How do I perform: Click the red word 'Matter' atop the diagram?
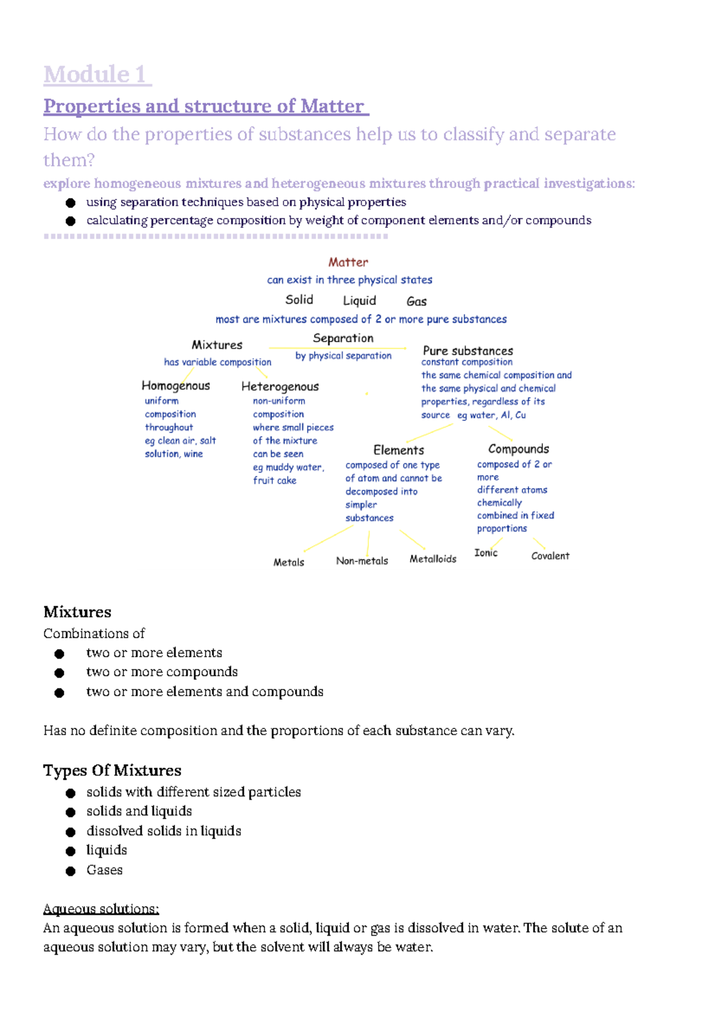coord(348,262)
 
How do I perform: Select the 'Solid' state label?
coord(299,300)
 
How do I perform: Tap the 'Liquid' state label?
coord(359,300)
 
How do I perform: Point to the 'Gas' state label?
coord(416,302)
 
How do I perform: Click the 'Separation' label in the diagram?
coord(343,338)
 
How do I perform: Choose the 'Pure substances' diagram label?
coord(468,350)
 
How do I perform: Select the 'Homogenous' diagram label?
coord(176,386)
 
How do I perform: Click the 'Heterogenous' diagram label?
coord(280,386)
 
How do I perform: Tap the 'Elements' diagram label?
coord(399,450)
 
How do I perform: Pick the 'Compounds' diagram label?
coord(518,449)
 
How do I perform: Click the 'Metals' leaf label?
coord(288,562)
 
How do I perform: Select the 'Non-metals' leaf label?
coord(362,561)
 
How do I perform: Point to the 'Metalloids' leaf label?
coord(433,559)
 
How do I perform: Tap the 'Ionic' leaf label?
coord(486,553)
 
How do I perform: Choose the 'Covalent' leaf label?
coord(550,556)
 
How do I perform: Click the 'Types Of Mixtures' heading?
coord(112,770)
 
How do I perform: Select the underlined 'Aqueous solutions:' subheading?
coord(101,909)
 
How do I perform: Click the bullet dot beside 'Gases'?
coord(70,871)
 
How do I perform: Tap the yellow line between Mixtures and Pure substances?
coord(337,348)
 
